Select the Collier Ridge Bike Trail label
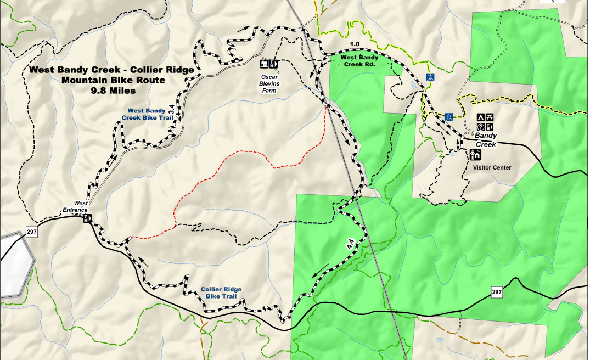click(221, 292)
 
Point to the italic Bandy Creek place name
click(486, 140)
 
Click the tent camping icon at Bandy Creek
click(480, 117)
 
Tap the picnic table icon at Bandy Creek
click(490, 117)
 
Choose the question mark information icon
click(480, 127)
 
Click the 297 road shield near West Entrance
click(32, 232)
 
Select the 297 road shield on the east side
click(497, 292)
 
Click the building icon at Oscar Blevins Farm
click(265, 64)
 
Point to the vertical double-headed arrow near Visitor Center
click(458, 144)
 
